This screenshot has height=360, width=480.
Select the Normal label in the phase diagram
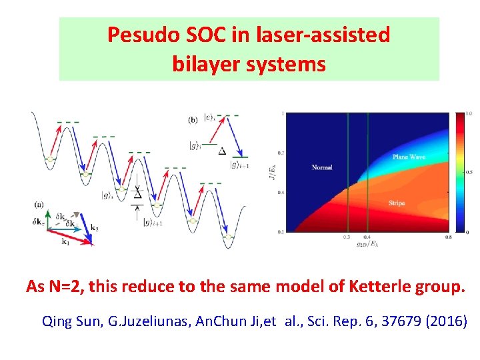click(x=322, y=167)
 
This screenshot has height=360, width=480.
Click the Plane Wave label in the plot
click(x=409, y=157)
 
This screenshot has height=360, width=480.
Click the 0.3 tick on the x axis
click(x=347, y=237)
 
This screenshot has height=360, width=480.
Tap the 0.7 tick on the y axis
click(x=281, y=153)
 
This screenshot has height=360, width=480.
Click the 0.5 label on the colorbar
click(x=469, y=172)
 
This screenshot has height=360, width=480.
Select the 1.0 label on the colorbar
click(x=469, y=114)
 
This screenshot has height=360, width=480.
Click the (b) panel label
click(x=193, y=120)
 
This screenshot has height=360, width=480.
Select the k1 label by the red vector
click(x=65, y=242)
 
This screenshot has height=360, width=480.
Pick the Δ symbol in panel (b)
click(x=222, y=151)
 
